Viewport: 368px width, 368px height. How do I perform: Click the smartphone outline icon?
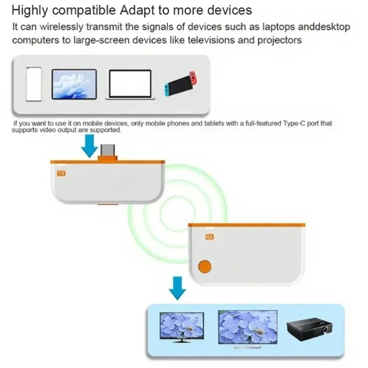point(34,84)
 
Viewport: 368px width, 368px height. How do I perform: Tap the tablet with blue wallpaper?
point(74,84)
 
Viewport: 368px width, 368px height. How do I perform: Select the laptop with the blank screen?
point(130,85)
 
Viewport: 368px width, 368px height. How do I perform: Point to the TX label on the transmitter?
point(61,174)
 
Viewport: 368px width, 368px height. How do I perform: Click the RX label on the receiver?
point(209,237)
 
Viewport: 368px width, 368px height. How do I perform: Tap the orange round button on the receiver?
point(204,267)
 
